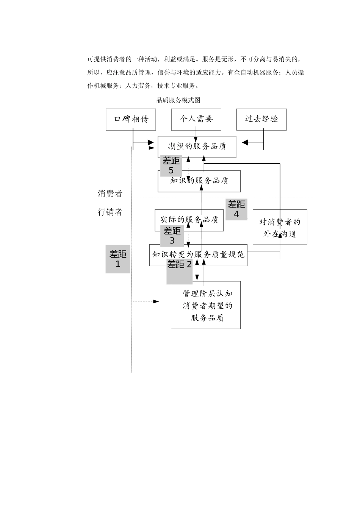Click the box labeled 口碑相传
131,119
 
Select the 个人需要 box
196,119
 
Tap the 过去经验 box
261,119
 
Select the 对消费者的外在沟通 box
280,227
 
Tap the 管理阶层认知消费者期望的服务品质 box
206,305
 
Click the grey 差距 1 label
118,259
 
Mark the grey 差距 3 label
172,236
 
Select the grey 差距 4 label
236,209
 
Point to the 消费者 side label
110,194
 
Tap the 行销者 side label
110,212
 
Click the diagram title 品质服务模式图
178,100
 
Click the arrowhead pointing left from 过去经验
245,142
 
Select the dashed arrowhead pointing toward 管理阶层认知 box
156,301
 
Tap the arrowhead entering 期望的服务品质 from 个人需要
196,139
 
